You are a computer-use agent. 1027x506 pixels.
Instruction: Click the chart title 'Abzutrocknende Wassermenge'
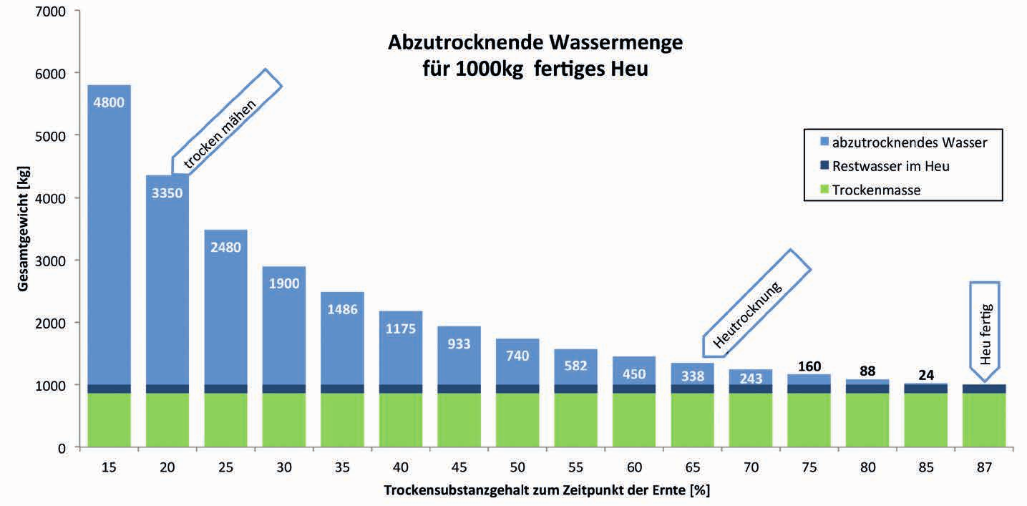pyautogui.click(x=535, y=44)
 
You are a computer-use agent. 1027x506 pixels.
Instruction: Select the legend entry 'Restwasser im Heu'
pyautogui.click(x=890, y=166)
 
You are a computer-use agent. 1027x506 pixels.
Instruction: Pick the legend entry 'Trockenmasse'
pyautogui.click(x=876, y=190)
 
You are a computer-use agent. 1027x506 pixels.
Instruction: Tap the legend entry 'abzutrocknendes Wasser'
pyautogui.click(x=909, y=142)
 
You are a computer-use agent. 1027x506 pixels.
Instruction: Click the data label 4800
pyautogui.click(x=109, y=102)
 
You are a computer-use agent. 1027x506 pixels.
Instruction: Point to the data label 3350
pyautogui.click(x=167, y=192)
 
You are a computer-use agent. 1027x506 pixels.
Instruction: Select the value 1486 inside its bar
pyautogui.click(x=342, y=310)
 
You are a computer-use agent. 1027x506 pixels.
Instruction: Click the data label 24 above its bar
pyautogui.click(x=925, y=374)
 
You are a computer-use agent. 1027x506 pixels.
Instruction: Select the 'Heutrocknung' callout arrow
pyautogui.click(x=758, y=303)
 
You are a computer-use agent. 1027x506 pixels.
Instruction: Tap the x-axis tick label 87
pyautogui.click(x=984, y=467)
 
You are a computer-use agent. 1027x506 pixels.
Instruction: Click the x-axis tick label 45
pyautogui.click(x=459, y=467)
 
